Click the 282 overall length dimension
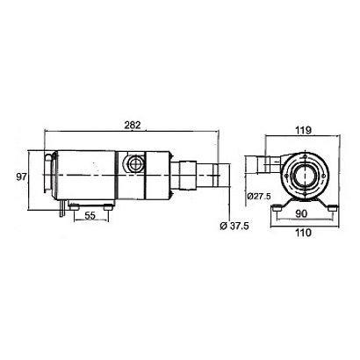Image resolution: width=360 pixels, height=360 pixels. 133,125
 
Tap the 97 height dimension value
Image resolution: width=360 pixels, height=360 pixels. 21,176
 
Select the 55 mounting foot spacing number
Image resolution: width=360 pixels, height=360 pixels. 90,216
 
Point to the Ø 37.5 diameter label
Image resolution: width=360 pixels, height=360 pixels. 234,226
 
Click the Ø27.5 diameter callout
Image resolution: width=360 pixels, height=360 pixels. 259,196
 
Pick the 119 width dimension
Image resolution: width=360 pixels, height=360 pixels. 303,130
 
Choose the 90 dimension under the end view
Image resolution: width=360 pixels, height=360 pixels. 301,213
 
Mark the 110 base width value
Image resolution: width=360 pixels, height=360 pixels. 303,233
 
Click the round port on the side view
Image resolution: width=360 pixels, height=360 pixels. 134,163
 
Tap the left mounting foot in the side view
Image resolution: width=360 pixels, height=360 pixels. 74,207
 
